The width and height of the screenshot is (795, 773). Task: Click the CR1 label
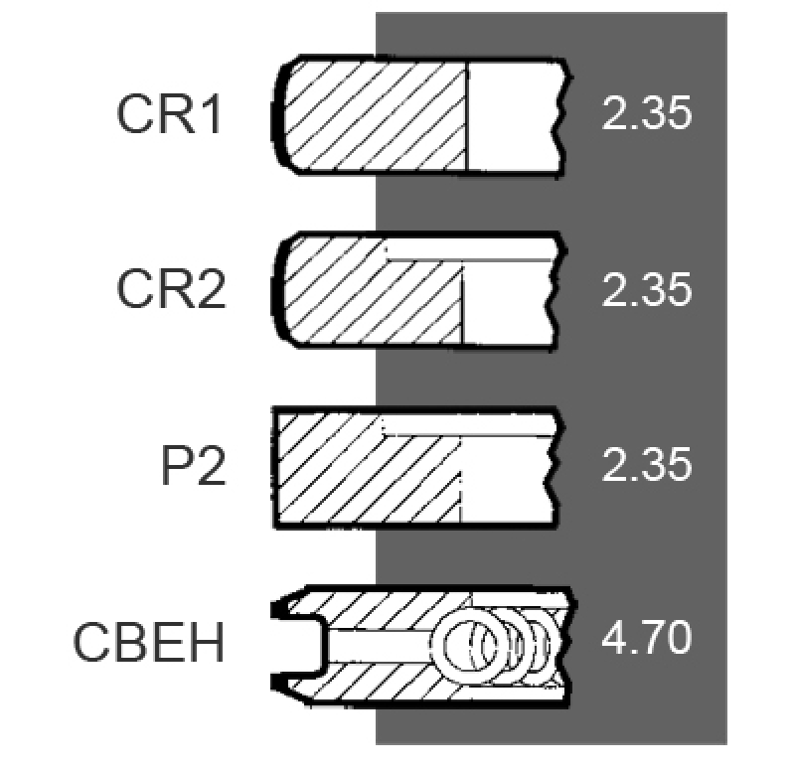click(169, 114)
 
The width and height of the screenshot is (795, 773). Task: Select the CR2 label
click(171, 289)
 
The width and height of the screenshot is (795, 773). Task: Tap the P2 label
click(193, 465)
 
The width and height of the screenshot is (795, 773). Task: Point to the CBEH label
click(148, 642)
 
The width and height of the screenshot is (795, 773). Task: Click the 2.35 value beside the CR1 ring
click(647, 112)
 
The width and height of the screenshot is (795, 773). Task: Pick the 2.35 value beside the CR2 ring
click(647, 289)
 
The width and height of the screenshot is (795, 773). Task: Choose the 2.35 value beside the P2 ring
click(647, 464)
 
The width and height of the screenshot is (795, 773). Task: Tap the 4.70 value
click(647, 637)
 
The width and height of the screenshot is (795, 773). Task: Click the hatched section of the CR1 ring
click(375, 115)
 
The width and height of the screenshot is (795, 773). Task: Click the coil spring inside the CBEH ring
click(497, 645)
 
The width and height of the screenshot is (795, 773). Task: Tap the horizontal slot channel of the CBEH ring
click(380, 646)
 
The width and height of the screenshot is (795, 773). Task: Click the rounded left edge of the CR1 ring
click(278, 114)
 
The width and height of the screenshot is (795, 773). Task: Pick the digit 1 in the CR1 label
click(212, 114)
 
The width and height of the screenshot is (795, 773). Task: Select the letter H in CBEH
click(208, 642)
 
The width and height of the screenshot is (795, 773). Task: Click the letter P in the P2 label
click(176, 465)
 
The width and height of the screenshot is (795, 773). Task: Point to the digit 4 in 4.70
click(614, 637)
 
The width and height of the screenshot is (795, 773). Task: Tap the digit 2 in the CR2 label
click(212, 289)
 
